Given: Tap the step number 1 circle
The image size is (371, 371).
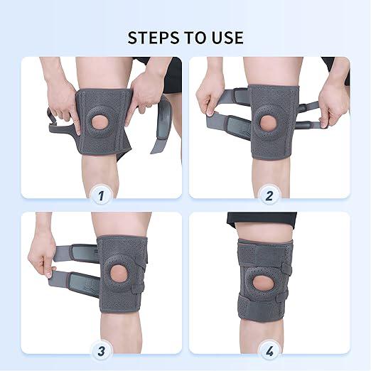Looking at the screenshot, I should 101,193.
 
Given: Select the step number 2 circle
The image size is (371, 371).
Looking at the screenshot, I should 269,193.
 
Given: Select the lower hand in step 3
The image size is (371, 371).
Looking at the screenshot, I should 45,269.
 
